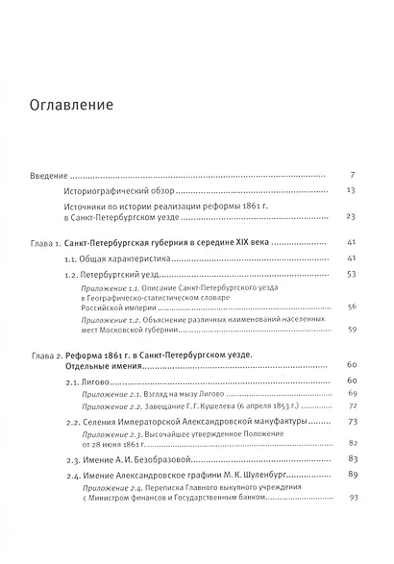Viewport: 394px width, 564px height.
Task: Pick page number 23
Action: (351, 216)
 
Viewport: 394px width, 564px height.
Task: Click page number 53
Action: (351, 275)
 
